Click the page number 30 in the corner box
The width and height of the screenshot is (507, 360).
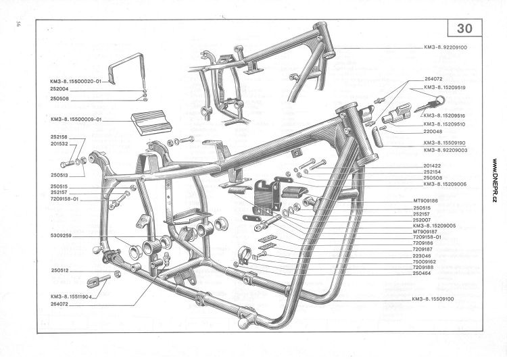tap(464, 28)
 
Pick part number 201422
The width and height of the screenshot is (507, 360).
tap(432, 165)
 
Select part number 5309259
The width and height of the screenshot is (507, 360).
tap(61, 236)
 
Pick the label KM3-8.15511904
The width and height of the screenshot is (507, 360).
tap(71, 297)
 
